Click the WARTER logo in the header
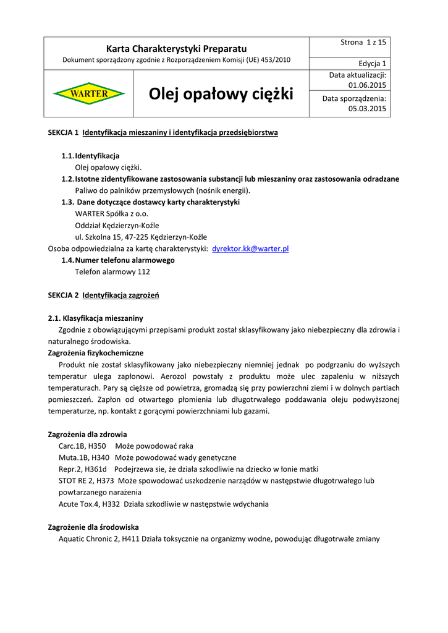(88, 94)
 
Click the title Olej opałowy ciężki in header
(221, 95)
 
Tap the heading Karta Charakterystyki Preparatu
(176, 48)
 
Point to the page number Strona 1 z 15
(363, 42)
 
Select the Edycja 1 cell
(373, 64)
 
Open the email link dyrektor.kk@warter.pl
(250, 249)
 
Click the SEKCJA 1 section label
(63, 132)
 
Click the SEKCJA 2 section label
(63, 295)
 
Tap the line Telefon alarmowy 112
(112, 271)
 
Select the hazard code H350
(96, 446)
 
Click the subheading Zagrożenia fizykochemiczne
(96, 352)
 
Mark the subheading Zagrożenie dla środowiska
(93, 527)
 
